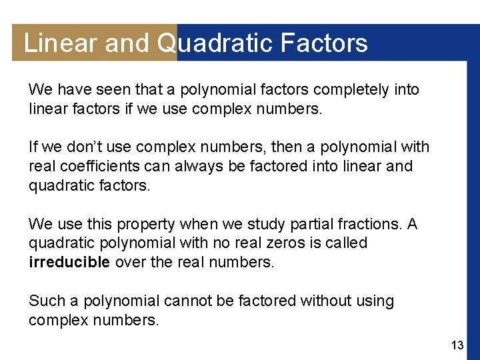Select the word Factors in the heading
click(324, 43)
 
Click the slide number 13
click(457, 345)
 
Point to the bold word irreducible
click(69, 262)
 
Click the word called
click(345, 243)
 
